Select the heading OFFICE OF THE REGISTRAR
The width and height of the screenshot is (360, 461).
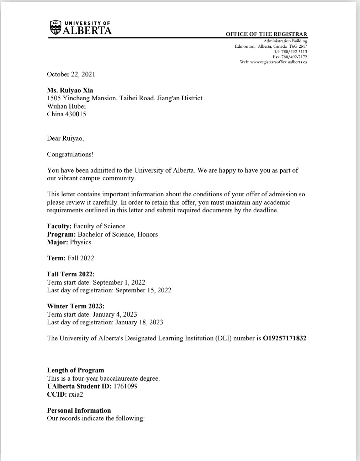[266, 34]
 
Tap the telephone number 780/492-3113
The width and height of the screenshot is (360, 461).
[294, 52]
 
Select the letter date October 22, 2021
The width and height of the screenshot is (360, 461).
[71, 74]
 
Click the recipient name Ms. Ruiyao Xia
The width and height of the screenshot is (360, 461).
[70, 90]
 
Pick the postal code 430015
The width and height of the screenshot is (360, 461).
[75, 114]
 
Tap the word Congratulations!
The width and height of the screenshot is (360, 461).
[70, 154]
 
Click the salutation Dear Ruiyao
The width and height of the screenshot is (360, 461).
[65, 138]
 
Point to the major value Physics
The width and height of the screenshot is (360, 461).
[80, 242]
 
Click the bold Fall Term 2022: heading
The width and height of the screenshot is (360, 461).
[71, 274]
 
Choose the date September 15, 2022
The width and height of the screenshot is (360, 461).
[143, 290]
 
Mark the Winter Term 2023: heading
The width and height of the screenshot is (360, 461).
[75, 306]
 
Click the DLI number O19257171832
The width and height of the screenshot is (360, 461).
[284, 338]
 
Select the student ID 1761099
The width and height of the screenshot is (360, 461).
[125, 386]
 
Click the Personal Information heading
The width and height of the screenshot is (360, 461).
[79, 410]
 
